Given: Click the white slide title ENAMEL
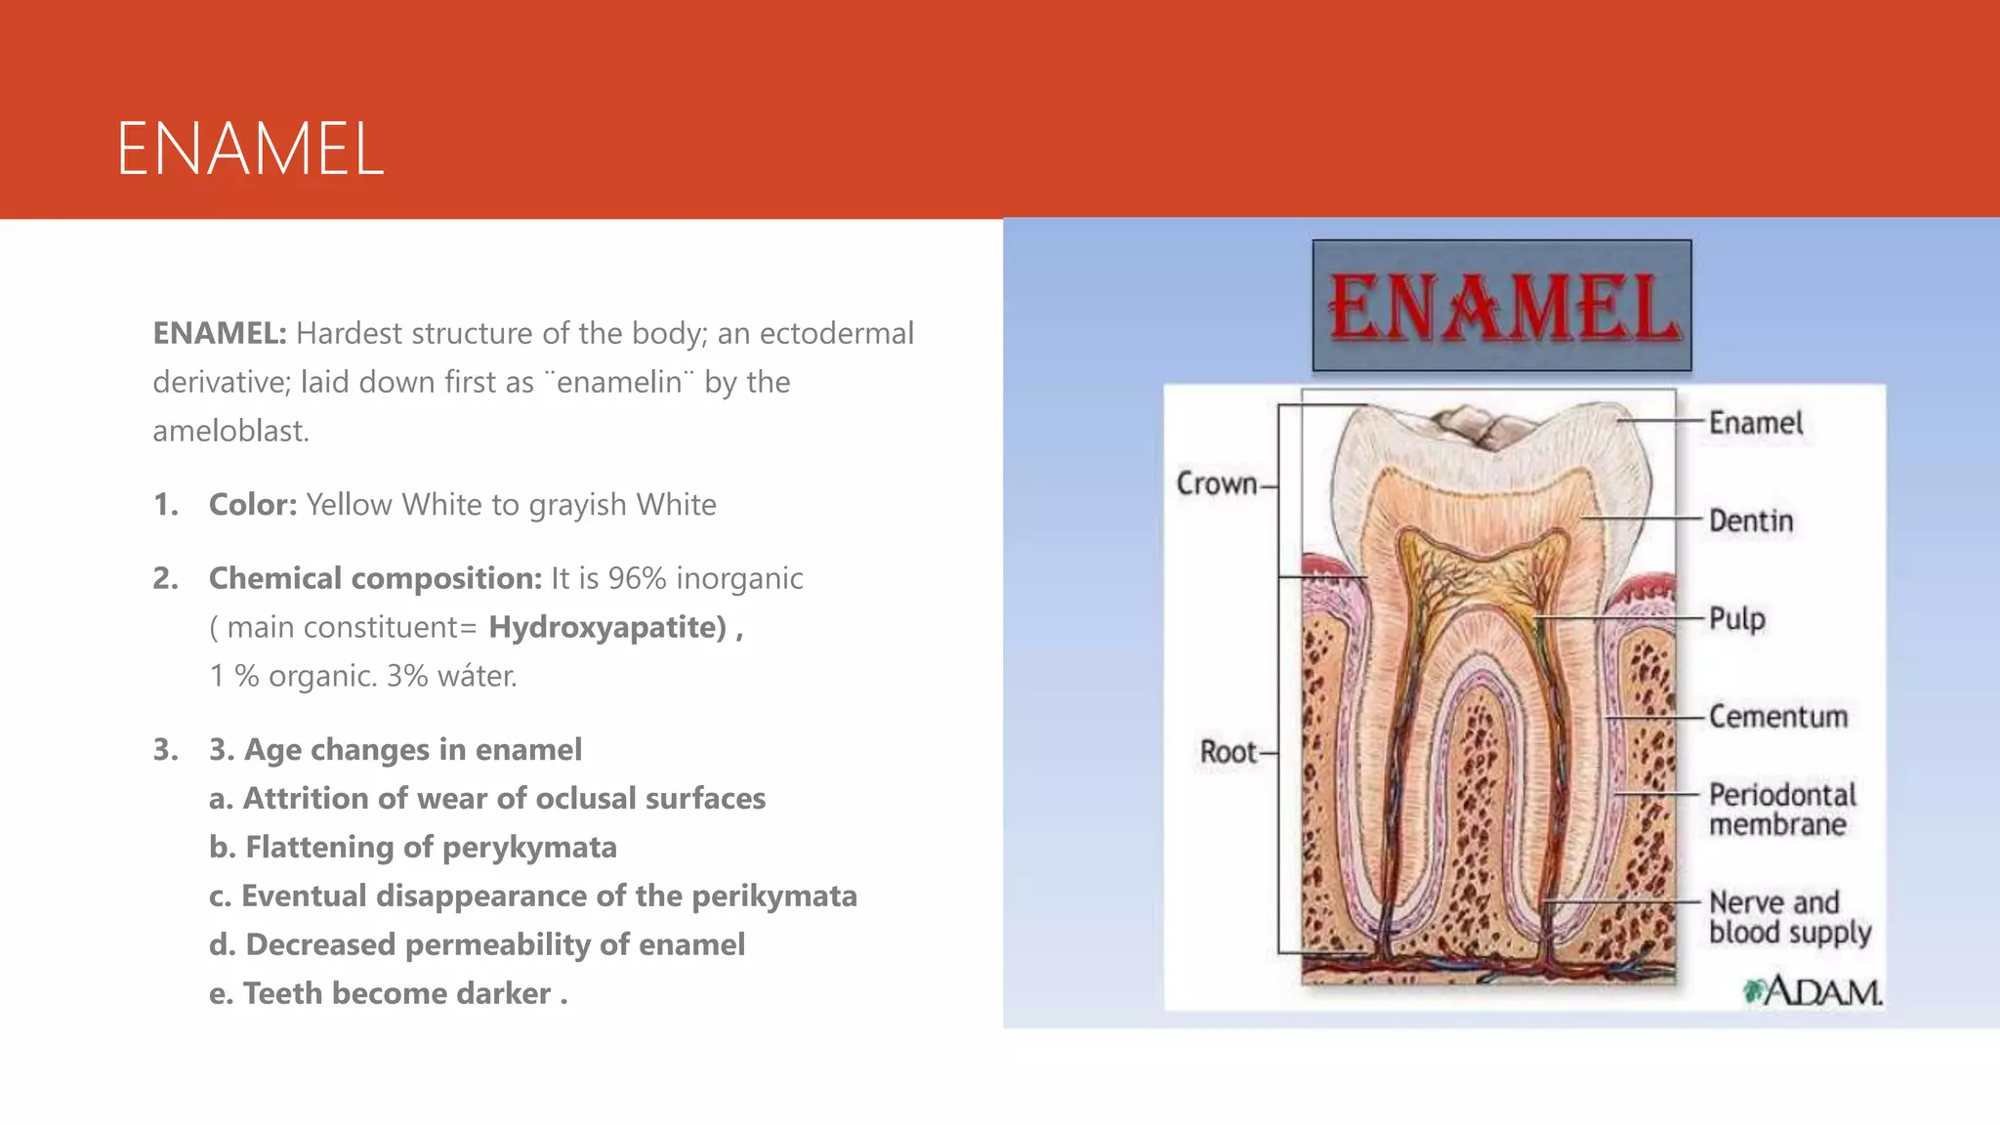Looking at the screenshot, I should point(250,149).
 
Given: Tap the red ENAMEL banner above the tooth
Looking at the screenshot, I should point(1502,307).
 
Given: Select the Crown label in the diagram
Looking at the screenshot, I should point(1217,483).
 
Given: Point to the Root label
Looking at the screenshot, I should point(1229,752).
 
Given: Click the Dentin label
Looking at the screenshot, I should point(1751,521).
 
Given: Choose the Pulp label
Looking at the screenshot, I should point(1737,618).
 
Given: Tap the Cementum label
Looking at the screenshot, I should point(1778,716).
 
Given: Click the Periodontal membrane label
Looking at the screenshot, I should point(1782,810).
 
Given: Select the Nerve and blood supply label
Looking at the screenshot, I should point(1789,917).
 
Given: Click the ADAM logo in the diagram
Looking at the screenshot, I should point(1812,991).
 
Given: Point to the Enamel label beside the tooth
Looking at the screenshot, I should point(1755,423).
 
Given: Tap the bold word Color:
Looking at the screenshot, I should point(253,505).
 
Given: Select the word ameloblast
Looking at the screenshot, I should point(230,431).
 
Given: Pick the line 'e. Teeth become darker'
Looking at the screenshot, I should point(388,993).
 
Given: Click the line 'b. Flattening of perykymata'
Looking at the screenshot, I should point(412,847).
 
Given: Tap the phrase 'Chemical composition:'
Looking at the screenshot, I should point(375,578).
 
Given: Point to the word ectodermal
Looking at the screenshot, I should point(836,333).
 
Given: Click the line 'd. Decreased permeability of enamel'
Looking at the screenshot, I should point(477,944).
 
